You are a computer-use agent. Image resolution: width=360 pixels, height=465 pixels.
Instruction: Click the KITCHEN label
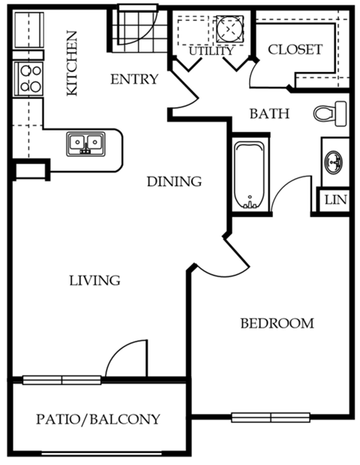(72, 63)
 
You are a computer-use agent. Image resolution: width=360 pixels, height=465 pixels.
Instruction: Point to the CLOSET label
(295, 49)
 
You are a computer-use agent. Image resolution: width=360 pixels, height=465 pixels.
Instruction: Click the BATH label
(268, 114)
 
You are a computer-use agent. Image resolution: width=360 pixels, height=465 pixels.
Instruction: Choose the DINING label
(174, 181)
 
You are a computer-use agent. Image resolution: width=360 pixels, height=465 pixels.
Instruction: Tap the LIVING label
(94, 280)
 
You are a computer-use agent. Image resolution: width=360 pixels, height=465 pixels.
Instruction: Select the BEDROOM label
(276, 323)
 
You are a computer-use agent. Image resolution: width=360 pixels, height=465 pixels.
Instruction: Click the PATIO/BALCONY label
(97, 418)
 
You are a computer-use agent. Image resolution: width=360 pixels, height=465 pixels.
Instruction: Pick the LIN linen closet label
(334, 199)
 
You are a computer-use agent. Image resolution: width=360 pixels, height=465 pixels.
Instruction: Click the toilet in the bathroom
(330, 114)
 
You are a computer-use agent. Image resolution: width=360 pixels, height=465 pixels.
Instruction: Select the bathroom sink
(334, 160)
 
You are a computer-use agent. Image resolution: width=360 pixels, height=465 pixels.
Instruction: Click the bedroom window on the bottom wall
(270, 417)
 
